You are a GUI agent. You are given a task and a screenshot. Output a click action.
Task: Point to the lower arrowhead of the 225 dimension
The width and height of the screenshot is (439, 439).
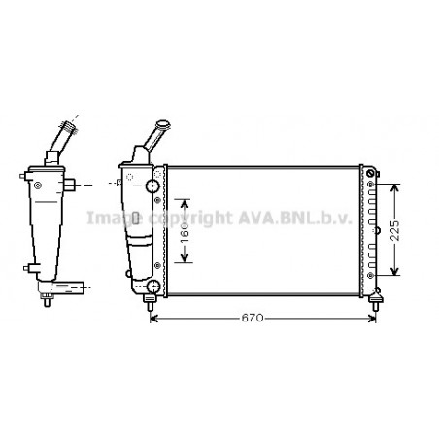pos(393,273)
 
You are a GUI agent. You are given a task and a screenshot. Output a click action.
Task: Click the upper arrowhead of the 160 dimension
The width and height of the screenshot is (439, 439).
pos(187,199)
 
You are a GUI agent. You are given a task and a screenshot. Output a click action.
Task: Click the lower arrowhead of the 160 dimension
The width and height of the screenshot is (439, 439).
pos(187,259)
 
